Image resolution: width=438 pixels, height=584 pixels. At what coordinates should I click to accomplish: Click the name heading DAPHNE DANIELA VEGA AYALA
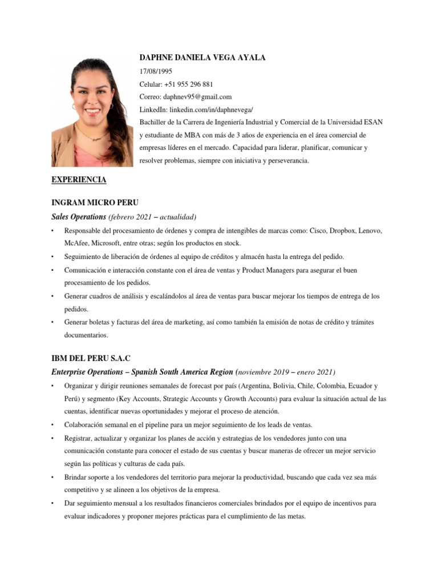202,58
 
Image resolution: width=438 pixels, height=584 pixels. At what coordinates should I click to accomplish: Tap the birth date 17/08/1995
156,71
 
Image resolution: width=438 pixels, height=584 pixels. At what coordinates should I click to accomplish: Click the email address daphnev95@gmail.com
197,97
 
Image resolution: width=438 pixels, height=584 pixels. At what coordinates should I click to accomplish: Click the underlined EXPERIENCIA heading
79,180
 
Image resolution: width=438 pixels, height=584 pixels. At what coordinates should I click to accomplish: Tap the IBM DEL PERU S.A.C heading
91,358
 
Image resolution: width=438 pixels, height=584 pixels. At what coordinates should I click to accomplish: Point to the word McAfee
76,243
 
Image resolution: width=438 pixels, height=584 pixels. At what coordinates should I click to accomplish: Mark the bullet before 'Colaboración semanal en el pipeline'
52,425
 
